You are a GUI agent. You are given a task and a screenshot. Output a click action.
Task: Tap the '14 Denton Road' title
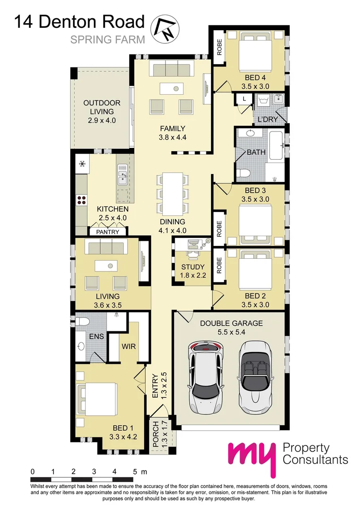pos(79,22)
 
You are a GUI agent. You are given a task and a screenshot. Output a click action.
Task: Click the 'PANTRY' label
pos(107,232)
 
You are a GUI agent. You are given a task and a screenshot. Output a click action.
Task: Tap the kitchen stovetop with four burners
pos(82,200)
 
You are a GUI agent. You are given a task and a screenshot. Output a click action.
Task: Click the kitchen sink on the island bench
pos(123,173)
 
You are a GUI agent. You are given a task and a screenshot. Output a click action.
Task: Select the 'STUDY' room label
pos(193,267)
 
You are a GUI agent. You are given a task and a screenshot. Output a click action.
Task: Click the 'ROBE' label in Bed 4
pos(219,47)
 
